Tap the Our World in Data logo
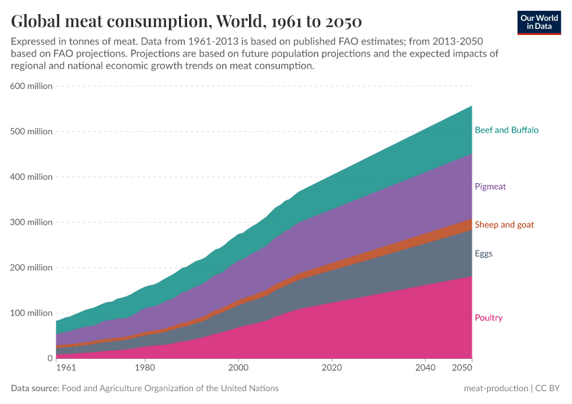539,22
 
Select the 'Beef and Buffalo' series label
506,130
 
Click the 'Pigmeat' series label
490,187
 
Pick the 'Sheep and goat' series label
504,224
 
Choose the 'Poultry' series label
489,318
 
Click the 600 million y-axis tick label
31,86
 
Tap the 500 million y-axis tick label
31,131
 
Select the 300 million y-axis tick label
31,222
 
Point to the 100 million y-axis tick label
31,313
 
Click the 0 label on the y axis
49,358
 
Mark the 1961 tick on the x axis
66,368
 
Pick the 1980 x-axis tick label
144,368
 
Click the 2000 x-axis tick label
238,368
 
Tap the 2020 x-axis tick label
331,368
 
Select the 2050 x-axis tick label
462,368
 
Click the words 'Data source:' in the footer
35,389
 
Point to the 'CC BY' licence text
548,389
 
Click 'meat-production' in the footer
495,389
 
